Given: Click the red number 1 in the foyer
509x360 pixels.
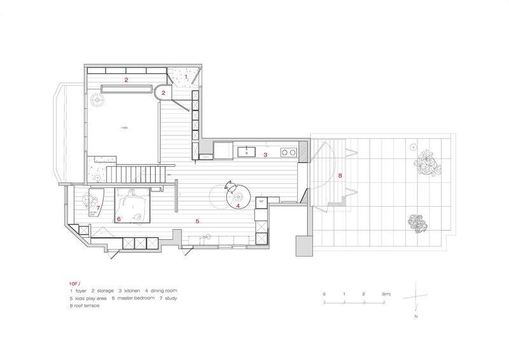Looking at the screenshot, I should point(186,76).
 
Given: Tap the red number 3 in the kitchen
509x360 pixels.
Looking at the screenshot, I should point(266,155).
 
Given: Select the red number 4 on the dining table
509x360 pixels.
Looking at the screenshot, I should point(238,205).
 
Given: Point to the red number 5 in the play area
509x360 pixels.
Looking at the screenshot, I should point(197,221).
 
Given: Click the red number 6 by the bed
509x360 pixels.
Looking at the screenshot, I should point(119,219).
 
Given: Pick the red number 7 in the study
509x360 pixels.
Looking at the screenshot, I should point(99,207).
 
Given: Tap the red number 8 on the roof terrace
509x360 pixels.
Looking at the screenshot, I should point(340,174).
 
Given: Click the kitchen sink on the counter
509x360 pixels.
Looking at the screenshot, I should point(246,152).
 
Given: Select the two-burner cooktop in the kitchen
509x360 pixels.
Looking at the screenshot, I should point(288,152).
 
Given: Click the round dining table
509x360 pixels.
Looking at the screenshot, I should point(239,196).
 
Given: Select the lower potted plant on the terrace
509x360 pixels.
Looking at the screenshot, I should point(418,223).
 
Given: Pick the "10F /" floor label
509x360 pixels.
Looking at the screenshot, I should point(76,282).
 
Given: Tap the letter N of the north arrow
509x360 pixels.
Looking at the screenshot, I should point(415,316).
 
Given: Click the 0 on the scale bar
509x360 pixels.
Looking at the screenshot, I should point(324,294).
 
